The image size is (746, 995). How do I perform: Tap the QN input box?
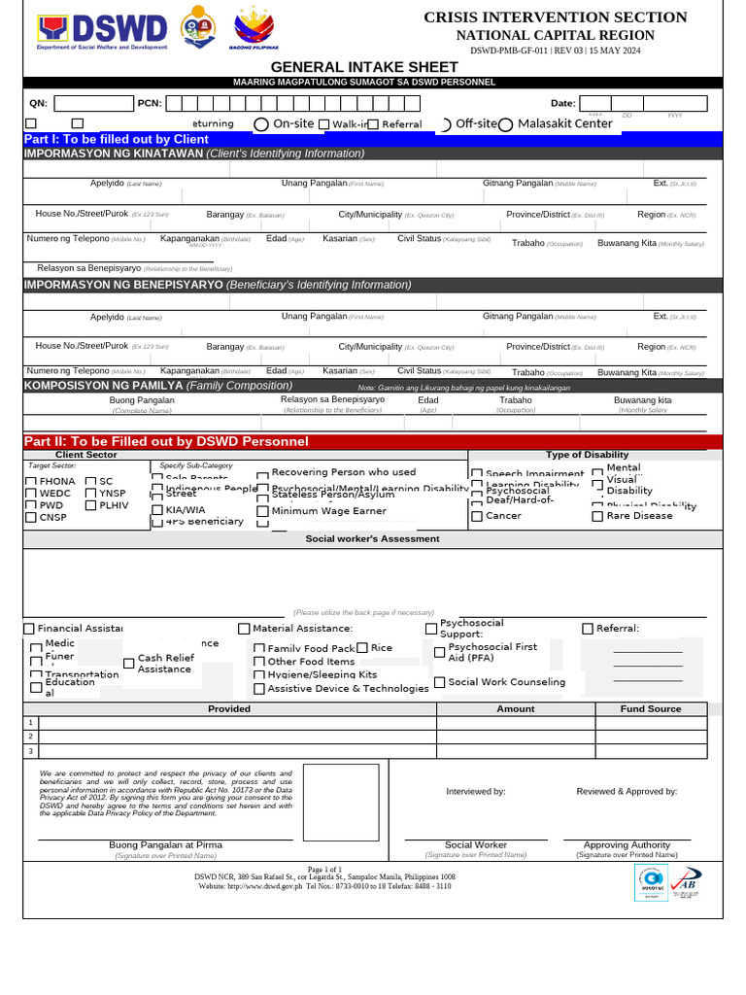click(93, 103)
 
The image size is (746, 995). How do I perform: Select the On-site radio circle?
click(261, 124)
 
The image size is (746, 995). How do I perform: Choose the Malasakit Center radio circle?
click(506, 124)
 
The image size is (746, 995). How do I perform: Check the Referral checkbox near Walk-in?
click(373, 124)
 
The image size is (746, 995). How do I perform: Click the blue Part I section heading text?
click(117, 140)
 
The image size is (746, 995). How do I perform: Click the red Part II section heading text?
click(165, 442)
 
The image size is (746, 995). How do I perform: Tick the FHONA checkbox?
click(31, 482)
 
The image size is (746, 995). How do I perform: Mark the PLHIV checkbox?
click(90, 506)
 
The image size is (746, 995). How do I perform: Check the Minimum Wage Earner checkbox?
click(262, 511)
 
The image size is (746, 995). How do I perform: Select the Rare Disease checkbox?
click(597, 516)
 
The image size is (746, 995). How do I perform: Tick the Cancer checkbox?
click(477, 516)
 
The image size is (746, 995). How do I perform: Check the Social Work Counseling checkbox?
click(440, 682)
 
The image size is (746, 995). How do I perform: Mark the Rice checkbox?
click(362, 648)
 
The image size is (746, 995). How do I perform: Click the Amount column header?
click(516, 709)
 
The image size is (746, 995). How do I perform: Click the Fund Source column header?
click(651, 709)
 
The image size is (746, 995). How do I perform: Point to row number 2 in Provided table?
click(31, 737)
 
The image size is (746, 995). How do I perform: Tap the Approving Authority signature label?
click(627, 845)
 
